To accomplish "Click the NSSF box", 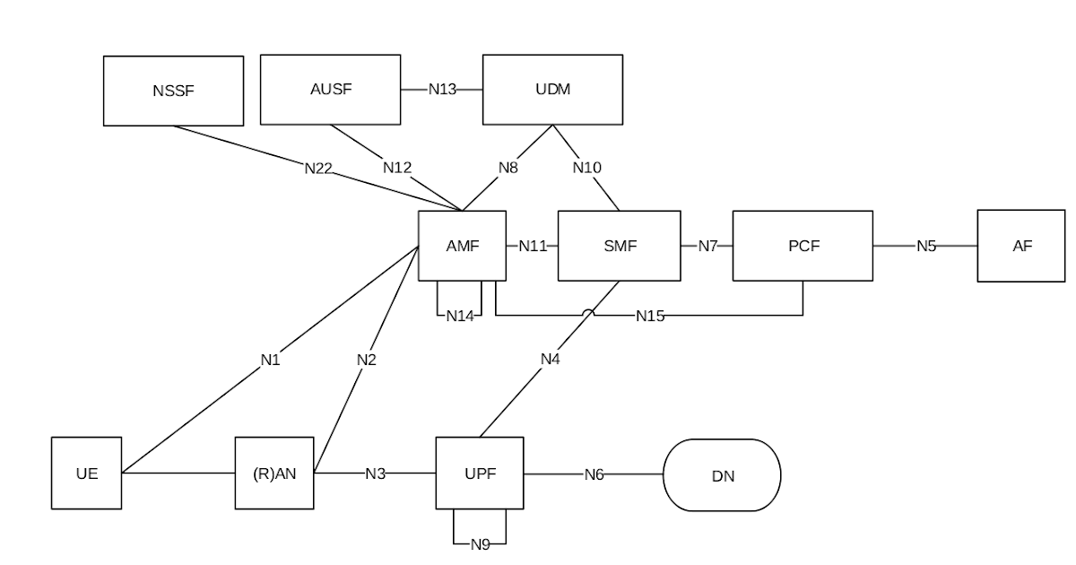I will [173, 91].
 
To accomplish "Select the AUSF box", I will [330, 89].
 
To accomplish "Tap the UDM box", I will [552, 89].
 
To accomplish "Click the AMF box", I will [462, 246].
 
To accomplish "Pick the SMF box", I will [619, 246].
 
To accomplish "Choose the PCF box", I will [803, 246].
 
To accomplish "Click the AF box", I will [1022, 246].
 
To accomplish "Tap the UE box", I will [86, 474].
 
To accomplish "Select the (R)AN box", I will [274, 474].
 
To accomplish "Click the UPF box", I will [479, 474].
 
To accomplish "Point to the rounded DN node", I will [722, 475].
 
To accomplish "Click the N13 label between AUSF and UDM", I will [441, 89].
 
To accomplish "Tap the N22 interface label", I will [318, 167].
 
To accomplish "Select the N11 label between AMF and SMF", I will [533, 246].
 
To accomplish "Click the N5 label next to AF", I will [925, 246].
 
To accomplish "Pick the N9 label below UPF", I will [480, 543].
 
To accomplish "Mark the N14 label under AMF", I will [459, 316].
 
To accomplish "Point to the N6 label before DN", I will [594, 474].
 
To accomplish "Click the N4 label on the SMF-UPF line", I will [550, 359].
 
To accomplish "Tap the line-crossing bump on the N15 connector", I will [588, 313].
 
